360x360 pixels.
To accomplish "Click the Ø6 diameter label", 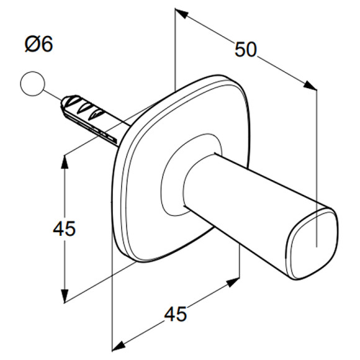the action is [39, 44].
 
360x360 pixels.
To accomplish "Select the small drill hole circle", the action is [32, 84].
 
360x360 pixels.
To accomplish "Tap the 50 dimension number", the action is [245, 50].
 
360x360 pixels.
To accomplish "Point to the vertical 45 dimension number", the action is [65, 228].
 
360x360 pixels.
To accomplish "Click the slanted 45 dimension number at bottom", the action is [176, 314].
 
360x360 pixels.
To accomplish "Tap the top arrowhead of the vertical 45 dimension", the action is [65, 163].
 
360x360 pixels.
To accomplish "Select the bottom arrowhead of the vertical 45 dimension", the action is [65, 295].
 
